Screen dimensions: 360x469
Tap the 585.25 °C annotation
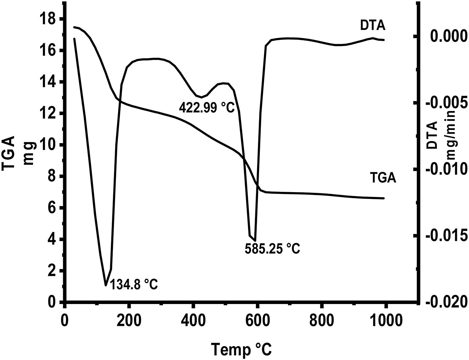(x=272, y=248)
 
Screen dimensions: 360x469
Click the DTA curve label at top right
(x=373, y=26)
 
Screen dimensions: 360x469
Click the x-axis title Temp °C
(x=242, y=349)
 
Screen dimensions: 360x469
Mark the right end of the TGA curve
(x=384, y=198)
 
